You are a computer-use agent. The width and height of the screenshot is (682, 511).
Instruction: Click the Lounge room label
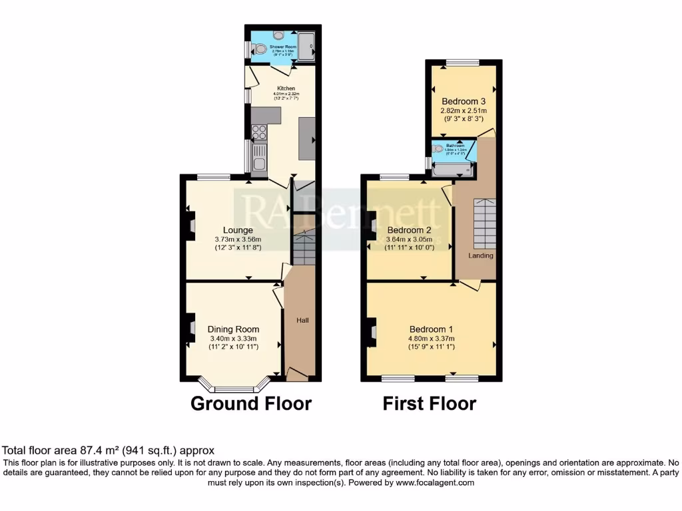238,230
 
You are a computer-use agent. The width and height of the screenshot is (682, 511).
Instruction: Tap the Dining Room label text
233,329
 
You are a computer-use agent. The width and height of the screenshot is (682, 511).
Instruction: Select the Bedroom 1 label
431,329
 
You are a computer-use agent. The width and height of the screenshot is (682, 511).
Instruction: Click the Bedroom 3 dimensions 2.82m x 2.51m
463,110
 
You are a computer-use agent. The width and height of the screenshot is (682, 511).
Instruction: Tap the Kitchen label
286,88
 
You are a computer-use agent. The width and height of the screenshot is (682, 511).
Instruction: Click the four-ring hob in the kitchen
259,132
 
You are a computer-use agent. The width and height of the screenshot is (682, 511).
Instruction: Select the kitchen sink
258,157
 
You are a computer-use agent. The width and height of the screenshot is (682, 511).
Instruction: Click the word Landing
480,255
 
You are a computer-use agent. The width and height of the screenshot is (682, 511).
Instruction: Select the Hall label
302,321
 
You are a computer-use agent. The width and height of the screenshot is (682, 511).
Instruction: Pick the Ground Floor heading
251,404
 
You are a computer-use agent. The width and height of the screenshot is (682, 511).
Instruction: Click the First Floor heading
430,404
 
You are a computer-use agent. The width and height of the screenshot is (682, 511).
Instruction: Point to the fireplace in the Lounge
190,227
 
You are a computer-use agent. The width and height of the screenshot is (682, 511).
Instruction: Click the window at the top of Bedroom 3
462,63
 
